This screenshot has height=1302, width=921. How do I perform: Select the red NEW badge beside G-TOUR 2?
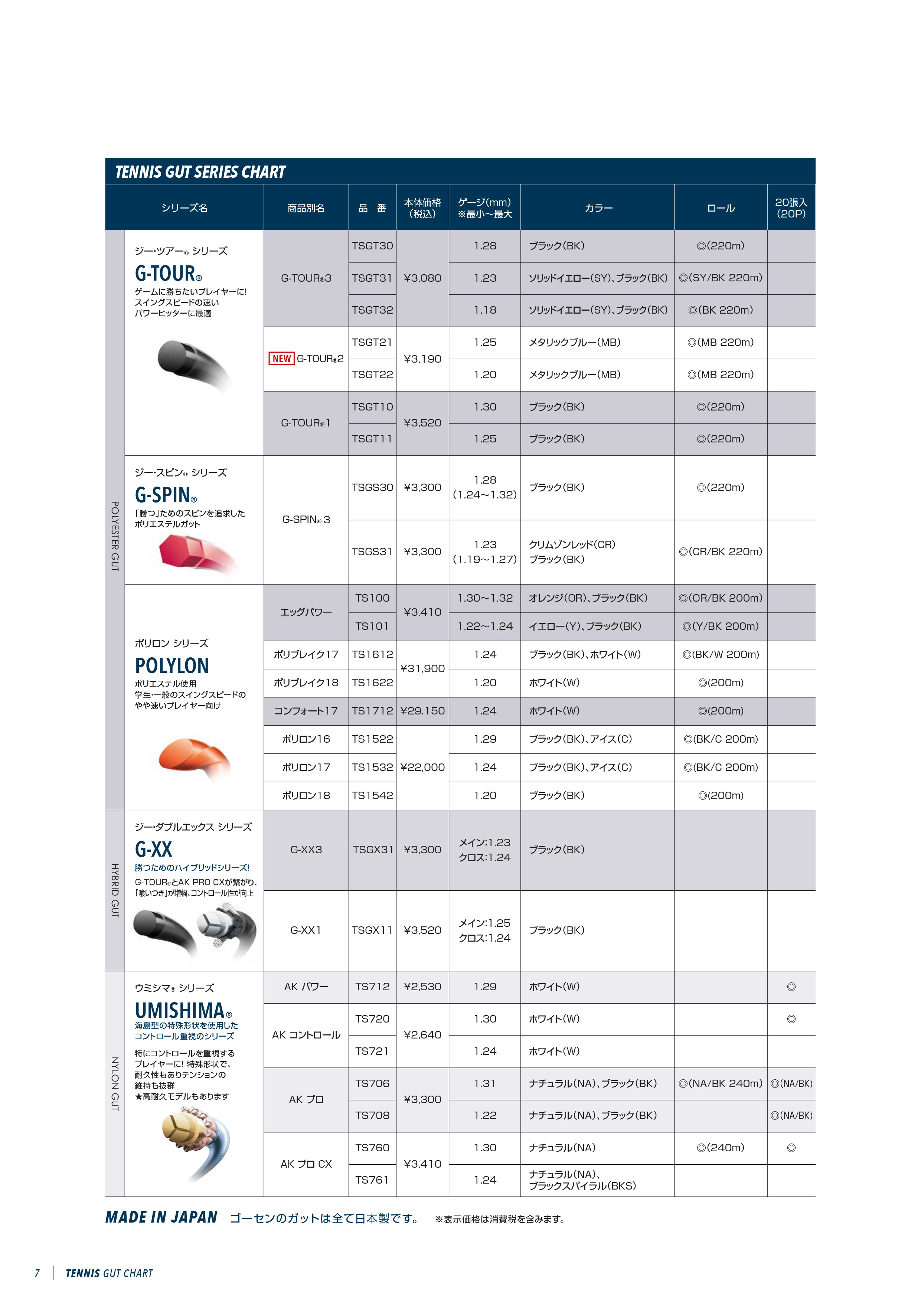point(281,359)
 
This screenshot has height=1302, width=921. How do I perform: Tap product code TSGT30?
point(372,246)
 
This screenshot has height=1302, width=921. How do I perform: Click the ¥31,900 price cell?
point(422,668)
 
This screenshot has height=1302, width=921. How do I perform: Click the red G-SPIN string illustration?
point(190,551)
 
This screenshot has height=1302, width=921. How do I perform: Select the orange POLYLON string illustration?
point(193,754)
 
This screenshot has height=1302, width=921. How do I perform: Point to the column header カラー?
point(598,208)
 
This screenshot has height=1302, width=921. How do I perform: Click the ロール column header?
point(721,208)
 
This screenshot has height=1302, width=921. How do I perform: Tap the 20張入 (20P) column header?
point(791,208)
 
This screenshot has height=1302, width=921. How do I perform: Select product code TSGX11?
point(372,930)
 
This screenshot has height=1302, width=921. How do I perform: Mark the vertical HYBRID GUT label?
point(115,890)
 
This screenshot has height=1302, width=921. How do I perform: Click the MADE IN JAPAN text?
point(161,1217)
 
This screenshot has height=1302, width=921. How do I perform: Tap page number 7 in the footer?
point(37,1273)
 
